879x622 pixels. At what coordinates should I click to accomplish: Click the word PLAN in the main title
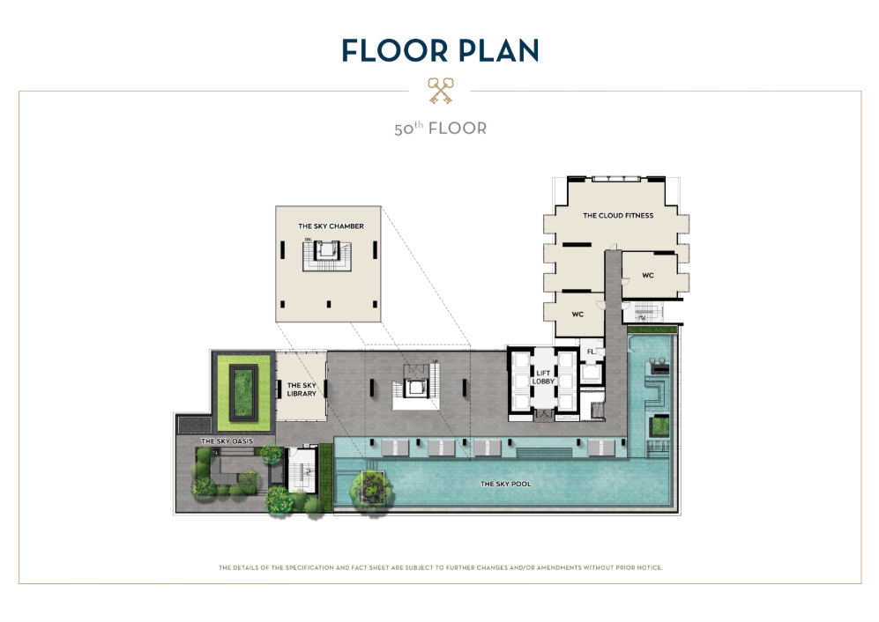(498, 50)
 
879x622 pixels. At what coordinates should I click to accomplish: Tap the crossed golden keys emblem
(440, 91)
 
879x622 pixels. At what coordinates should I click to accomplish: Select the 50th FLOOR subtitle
(440, 129)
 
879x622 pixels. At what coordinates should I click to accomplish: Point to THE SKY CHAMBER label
(331, 226)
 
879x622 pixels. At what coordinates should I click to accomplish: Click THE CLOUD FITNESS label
(618, 215)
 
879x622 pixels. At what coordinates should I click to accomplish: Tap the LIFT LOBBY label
(543, 377)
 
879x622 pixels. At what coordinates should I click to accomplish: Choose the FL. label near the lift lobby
(591, 352)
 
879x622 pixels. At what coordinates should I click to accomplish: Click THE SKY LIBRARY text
(302, 389)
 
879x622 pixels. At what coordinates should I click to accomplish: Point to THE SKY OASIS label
(227, 441)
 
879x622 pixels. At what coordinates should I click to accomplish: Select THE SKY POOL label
(506, 484)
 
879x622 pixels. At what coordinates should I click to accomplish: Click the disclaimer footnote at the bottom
(441, 567)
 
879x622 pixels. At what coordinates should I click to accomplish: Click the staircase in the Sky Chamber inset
(327, 255)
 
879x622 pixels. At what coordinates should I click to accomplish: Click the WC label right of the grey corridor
(647, 275)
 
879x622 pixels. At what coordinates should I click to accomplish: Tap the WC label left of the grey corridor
(577, 315)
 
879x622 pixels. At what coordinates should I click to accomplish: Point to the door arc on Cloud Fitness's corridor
(614, 247)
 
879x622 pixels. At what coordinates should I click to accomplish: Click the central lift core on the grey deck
(415, 387)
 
